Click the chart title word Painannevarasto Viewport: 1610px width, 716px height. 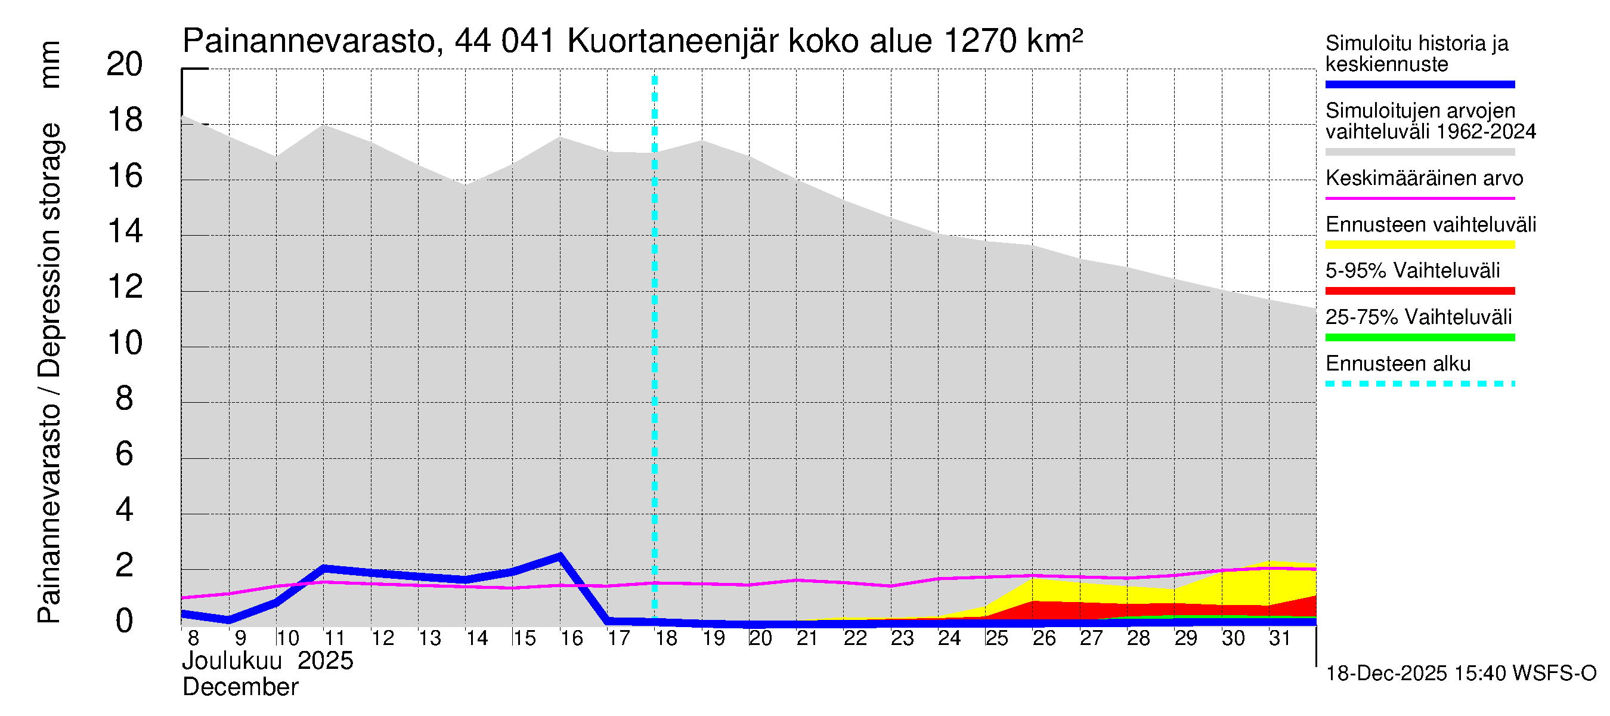tap(309, 42)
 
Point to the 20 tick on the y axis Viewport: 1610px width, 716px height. tap(125, 64)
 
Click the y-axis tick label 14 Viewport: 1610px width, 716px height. tap(125, 232)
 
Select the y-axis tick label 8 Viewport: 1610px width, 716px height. tap(125, 399)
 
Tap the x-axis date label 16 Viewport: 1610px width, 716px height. tap(571, 638)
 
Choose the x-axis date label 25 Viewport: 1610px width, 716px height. tap(996, 638)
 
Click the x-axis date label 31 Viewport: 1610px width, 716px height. tap(1280, 638)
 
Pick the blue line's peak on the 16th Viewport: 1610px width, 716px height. tap(560, 555)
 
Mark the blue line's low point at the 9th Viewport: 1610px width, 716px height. tap(229, 620)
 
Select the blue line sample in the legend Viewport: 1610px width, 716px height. tap(1419, 84)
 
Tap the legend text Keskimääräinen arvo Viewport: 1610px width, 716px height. tap(1424, 179)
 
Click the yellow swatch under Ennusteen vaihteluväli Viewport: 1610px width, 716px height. tap(1419, 245)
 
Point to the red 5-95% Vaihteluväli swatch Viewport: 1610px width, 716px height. tap(1419, 291)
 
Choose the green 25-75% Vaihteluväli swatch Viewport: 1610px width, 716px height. tap(1419, 338)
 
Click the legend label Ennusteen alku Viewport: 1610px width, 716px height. tap(1398, 364)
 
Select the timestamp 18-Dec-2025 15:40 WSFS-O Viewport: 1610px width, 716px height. tap(1460, 674)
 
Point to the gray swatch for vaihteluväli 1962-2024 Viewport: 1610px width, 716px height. tap(1419, 152)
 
